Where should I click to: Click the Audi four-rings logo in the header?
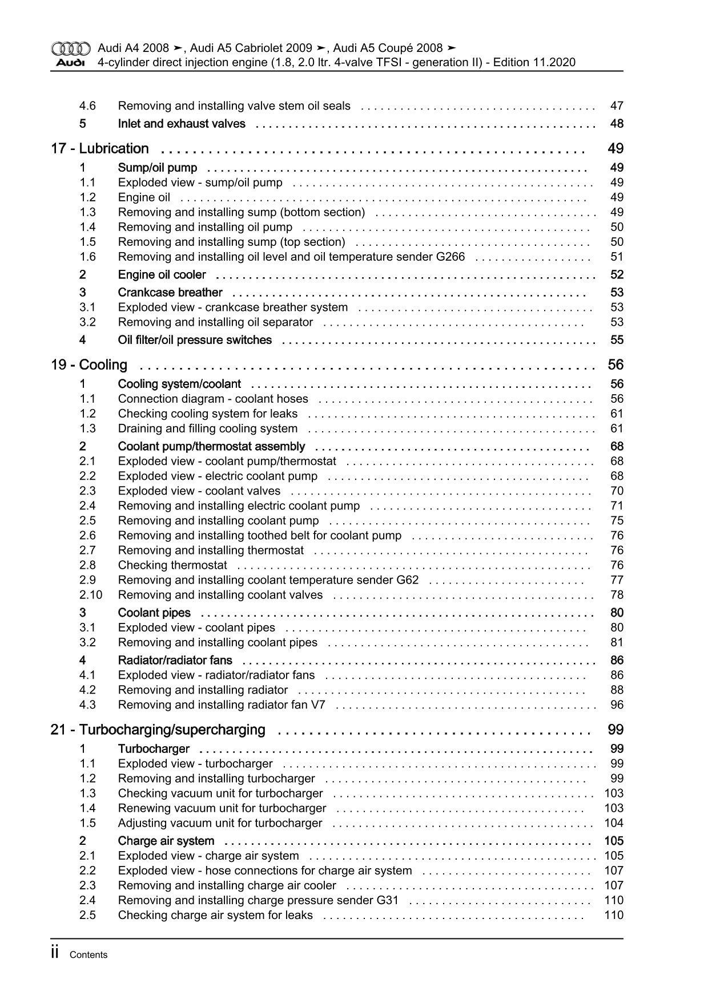(70, 48)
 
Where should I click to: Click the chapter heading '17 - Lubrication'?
(100, 149)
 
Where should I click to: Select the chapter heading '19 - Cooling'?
(89, 365)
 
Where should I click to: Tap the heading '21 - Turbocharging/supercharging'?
(158, 730)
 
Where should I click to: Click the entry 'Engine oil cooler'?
(162, 275)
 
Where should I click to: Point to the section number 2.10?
(90, 595)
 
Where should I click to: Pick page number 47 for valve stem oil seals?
(617, 106)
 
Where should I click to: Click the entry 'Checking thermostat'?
(172, 565)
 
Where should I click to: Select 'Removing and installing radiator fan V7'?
(222, 705)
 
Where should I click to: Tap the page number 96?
(617, 705)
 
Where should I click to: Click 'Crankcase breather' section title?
(170, 293)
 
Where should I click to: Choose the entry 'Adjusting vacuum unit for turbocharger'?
(220, 823)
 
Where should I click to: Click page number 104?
(614, 823)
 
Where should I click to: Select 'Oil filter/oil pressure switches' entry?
(195, 340)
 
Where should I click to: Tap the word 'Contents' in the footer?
(88, 955)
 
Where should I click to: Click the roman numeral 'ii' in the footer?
(55, 953)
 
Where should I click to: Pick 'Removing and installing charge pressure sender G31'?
(258, 901)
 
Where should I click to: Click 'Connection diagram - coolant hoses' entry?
(213, 399)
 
